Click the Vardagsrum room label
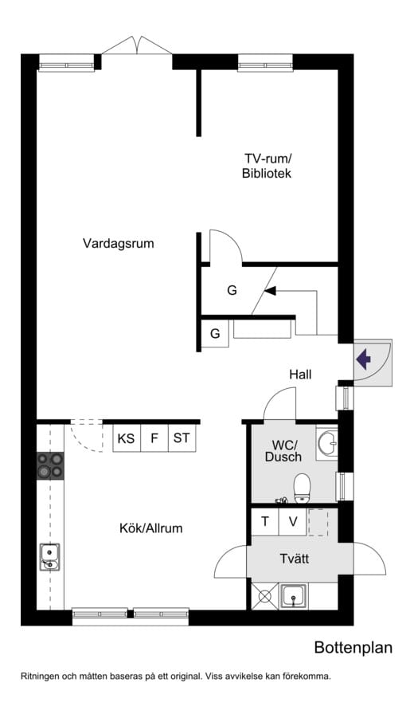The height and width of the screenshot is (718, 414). (118, 243)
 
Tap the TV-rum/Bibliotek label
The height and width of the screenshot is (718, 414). (268, 167)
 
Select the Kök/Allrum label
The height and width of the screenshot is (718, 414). (151, 528)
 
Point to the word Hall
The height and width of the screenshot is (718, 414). (300, 374)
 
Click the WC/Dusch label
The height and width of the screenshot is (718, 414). (283, 450)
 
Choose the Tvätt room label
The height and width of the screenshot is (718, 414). (295, 559)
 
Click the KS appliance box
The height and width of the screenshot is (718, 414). (127, 438)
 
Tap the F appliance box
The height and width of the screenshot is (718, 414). (154, 438)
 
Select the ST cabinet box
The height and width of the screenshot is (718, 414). (182, 438)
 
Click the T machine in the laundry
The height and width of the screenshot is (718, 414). (265, 521)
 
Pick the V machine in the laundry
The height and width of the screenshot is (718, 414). (293, 521)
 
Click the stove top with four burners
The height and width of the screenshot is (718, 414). (50, 465)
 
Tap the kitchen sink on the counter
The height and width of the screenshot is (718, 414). (50, 556)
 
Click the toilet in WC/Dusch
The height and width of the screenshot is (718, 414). (302, 488)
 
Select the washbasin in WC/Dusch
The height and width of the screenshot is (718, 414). (326, 442)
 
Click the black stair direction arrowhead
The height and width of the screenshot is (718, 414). (270, 290)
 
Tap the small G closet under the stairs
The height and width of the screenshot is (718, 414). (215, 334)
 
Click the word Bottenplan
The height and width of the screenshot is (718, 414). (353, 648)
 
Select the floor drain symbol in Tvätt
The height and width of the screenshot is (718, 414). (265, 596)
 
